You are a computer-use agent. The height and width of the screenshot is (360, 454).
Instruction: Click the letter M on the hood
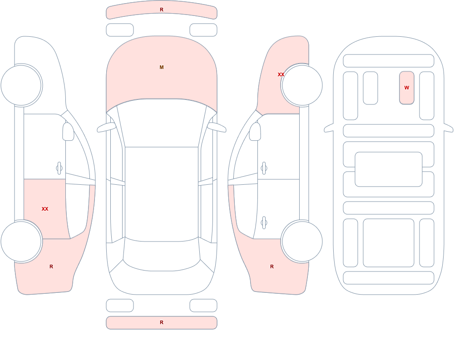(162, 67)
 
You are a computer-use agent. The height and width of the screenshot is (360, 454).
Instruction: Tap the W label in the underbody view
(407, 88)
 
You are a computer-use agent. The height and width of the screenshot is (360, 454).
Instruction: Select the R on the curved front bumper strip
(162, 10)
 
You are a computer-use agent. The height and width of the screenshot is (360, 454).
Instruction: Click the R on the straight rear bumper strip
(162, 322)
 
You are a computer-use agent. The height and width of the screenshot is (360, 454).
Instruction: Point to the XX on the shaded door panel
(45, 209)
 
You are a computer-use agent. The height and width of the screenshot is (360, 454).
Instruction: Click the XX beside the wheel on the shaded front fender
(281, 74)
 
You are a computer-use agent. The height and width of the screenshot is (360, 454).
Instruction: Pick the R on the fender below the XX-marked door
(51, 266)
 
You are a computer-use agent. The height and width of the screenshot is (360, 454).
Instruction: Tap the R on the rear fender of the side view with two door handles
(272, 266)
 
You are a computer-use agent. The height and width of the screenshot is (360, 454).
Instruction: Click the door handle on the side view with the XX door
(59, 168)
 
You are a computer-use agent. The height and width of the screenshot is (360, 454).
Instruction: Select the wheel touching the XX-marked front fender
(302, 85)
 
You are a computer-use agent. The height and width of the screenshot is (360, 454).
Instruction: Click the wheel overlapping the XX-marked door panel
(21, 241)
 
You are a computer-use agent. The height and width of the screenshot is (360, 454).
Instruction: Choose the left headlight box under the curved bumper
(120, 30)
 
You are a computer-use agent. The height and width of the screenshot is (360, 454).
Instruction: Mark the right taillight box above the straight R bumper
(203, 305)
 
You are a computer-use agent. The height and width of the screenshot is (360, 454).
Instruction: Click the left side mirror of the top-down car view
(106, 128)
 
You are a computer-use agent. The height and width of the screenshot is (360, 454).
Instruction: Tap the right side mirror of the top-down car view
(217, 128)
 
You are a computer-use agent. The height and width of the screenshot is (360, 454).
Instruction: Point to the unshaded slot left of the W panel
(370, 88)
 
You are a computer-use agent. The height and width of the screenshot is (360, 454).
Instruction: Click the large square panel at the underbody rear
(389, 243)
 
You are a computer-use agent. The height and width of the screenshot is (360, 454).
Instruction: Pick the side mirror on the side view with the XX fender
(255, 132)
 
